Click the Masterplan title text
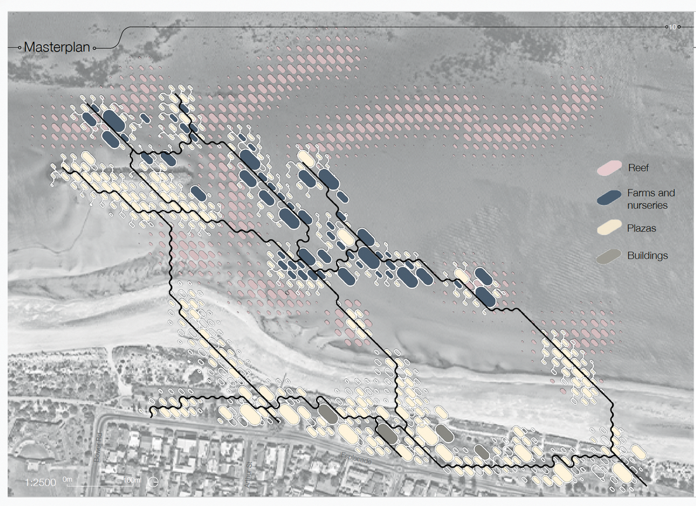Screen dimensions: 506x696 point(58,47)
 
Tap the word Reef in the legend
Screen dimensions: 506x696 point(638,168)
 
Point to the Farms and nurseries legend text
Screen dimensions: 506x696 point(650,199)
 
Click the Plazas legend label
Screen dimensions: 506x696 point(642,228)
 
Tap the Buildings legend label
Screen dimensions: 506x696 point(647,256)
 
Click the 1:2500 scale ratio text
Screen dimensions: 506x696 point(41,483)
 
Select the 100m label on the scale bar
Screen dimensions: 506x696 point(131,480)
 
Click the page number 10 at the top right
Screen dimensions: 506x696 point(673,27)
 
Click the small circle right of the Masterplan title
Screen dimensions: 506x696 point(94,47)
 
